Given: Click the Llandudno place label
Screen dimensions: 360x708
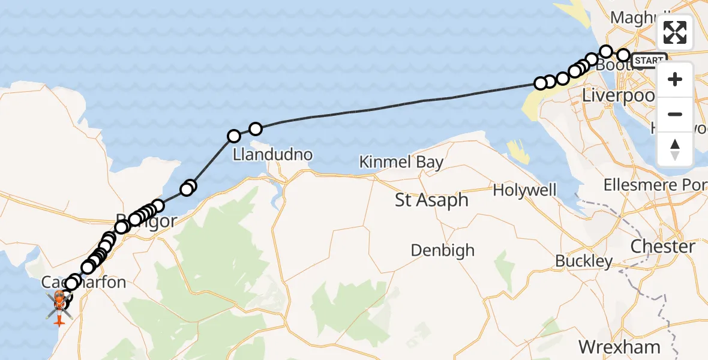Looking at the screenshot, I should [x=273, y=155].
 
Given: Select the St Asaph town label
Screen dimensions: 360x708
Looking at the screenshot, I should [x=431, y=200].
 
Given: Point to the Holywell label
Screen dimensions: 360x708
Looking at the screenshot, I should [x=524, y=191].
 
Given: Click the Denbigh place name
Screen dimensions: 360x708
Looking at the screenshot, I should [x=443, y=250].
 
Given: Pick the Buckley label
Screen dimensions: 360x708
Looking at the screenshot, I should [x=584, y=261].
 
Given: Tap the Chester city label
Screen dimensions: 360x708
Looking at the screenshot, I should [x=663, y=247].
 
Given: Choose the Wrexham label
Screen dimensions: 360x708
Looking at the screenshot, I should [x=619, y=346].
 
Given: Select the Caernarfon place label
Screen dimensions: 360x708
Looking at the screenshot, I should [x=84, y=282].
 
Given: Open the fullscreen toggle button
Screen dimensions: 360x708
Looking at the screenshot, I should [x=675, y=32].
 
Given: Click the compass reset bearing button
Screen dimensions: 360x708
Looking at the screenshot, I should [x=675, y=149].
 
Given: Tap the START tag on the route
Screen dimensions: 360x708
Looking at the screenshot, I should [x=649, y=61].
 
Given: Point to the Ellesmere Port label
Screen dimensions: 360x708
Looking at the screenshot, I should [x=655, y=184].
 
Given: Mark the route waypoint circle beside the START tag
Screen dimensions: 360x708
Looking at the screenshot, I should [x=623, y=56].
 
